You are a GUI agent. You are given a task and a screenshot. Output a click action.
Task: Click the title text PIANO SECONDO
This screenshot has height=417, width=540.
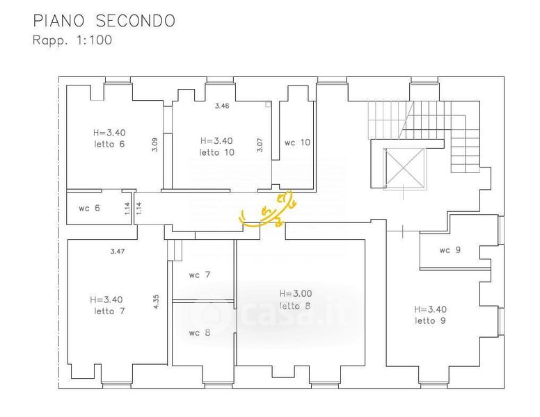pos(104,21)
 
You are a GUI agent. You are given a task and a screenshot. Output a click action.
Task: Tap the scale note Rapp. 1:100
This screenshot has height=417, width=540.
pos(72,40)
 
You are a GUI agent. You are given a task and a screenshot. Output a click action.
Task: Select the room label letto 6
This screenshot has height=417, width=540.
pos(109,144)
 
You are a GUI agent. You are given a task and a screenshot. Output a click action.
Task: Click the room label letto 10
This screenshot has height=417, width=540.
pos(217,152)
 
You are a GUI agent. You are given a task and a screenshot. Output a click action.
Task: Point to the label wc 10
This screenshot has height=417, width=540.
pos(297,142)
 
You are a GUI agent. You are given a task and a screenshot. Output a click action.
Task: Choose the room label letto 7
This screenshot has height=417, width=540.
pos(109,311)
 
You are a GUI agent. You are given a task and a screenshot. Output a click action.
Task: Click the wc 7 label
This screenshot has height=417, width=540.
pos(200,275)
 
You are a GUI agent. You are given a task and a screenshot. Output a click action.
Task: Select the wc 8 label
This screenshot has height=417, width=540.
pos(200,332)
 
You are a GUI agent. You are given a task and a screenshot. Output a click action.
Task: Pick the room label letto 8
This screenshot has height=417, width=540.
pos(294,306)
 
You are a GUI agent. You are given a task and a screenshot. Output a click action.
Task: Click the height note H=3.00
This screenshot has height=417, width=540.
pos(294,293)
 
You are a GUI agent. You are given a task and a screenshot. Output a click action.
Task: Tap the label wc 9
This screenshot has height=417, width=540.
pos(450,250)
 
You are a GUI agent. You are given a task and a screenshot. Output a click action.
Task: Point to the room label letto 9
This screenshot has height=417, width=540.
pos(430,320)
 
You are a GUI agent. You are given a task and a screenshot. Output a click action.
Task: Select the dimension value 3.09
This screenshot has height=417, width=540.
pos(155,145)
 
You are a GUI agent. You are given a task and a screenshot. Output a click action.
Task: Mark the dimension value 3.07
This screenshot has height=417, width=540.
pos(260,145)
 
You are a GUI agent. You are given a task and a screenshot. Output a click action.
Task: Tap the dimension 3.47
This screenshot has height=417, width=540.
pos(117,250)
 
